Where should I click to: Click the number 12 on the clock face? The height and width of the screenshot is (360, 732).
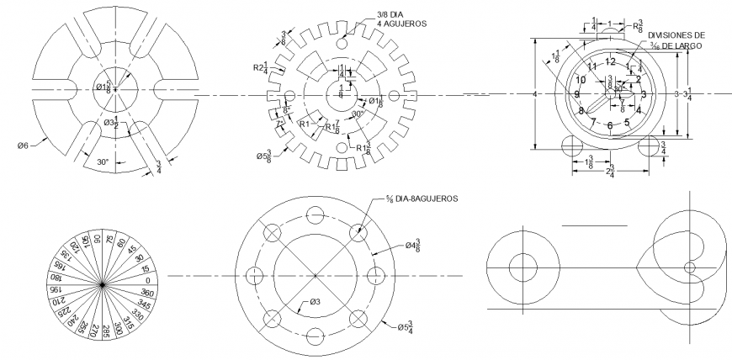click(610, 62)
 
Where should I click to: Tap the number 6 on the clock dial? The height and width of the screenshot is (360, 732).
click(610, 126)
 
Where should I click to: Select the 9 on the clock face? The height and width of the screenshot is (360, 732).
click(576, 94)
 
